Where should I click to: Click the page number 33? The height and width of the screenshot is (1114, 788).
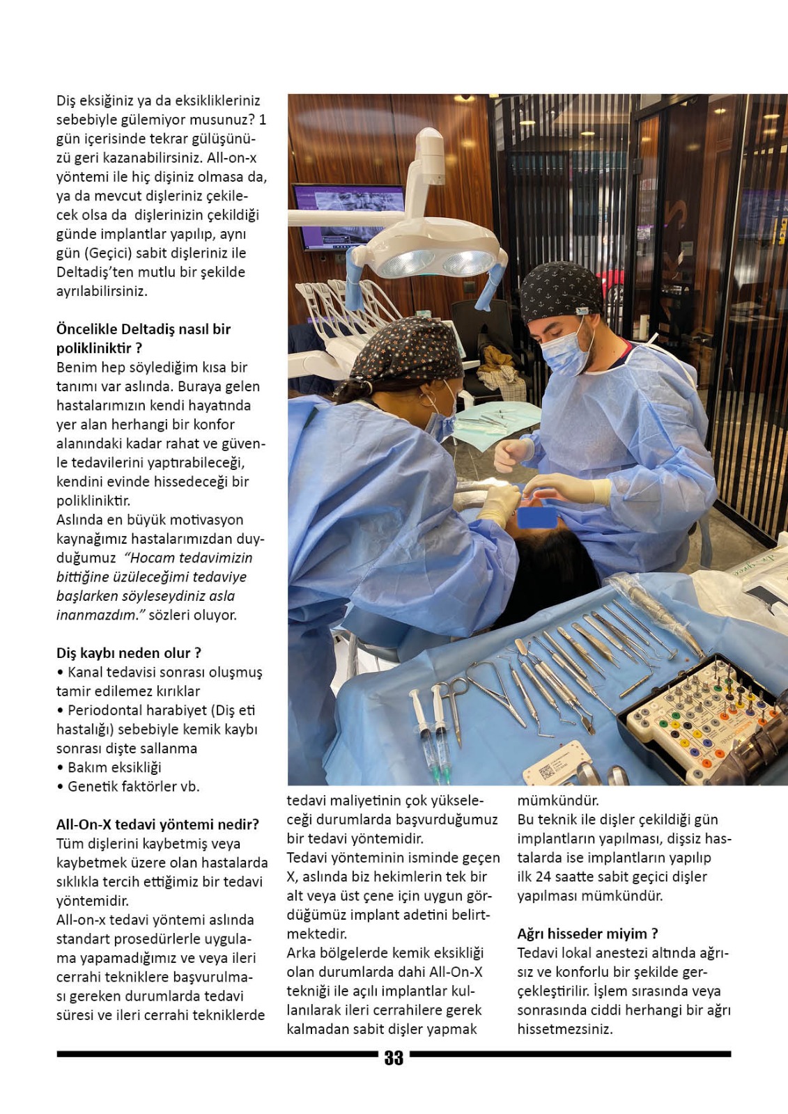394,1058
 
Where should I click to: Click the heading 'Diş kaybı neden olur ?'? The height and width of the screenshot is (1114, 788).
129,653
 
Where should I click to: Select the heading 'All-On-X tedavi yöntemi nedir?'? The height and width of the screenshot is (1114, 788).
157,824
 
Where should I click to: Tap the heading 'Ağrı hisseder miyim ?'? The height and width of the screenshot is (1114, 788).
587,934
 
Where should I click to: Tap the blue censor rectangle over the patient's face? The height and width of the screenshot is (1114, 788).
536,517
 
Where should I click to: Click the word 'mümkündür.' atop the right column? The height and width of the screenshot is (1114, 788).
558,801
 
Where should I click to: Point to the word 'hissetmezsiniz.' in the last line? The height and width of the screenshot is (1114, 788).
565,1029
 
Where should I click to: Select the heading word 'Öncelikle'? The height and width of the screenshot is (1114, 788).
86,329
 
